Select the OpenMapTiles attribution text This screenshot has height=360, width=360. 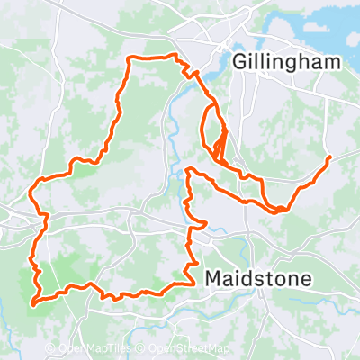point(95,349)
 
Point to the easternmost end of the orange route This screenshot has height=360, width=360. point(330,157)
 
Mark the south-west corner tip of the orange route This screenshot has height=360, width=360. point(34,303)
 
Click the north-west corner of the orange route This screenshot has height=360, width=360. point(131,60)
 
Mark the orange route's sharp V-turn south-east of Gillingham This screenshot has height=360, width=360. point(281,211)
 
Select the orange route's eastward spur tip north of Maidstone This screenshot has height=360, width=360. point(207,222)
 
